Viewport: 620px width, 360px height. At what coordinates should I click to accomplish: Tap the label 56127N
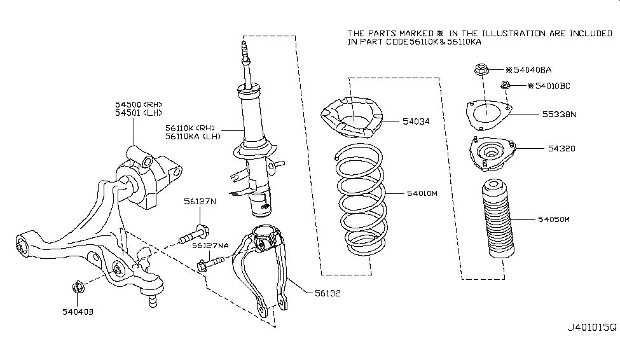[200, 202]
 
